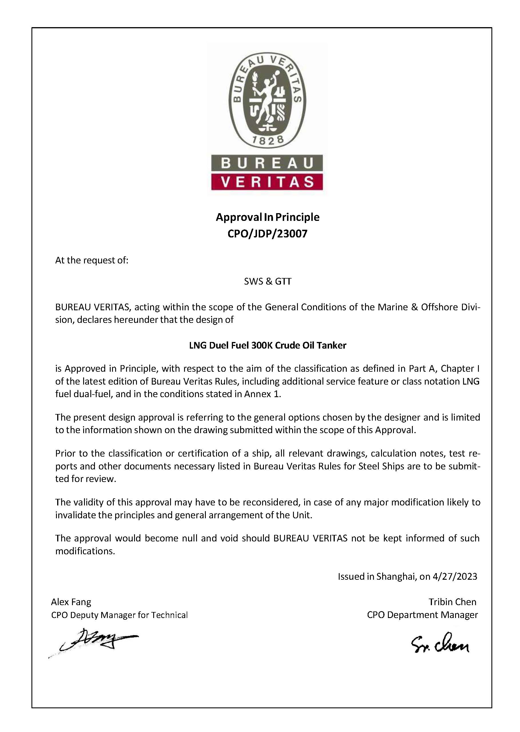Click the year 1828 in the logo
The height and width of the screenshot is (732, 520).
[x=267, y=140]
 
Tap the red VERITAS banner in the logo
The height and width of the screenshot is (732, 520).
[x=267, y=182]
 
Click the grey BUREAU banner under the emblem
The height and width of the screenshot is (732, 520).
[x=267, y=163]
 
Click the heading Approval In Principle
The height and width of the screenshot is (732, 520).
[x=267, y=217]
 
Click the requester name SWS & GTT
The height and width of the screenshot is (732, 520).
[x=268, y=281]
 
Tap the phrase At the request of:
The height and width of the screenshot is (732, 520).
[x=91, y=260]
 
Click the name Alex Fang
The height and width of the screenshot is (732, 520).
[x=71, y=602]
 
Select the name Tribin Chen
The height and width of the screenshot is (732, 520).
[x=452, y=602]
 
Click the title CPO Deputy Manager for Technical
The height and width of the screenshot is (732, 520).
[x=119, y=615]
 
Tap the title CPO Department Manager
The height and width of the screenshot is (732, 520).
[x=422, y=615]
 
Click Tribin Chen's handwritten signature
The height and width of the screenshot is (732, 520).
[x=440, y=643]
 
